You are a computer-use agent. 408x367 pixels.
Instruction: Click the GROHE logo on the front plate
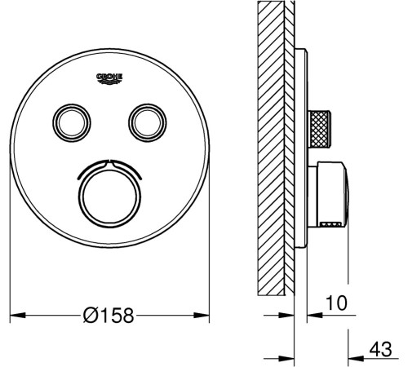coord(109,78)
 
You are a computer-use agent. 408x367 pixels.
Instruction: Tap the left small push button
coord(72,122)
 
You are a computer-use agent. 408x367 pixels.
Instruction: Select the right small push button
coord(148,122)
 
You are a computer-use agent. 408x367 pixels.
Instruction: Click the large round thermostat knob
coord(109,198)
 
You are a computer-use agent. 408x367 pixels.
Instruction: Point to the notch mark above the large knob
coord(109,161)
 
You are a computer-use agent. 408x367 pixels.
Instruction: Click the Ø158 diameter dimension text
coord(109,316)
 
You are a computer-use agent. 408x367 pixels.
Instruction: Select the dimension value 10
coord(336,303)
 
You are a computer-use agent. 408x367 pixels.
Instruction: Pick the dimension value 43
coord(381,349)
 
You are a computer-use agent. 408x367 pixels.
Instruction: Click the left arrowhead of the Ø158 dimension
coord(18,316)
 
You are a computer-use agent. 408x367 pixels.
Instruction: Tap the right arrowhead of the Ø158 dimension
coord(202,316)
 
